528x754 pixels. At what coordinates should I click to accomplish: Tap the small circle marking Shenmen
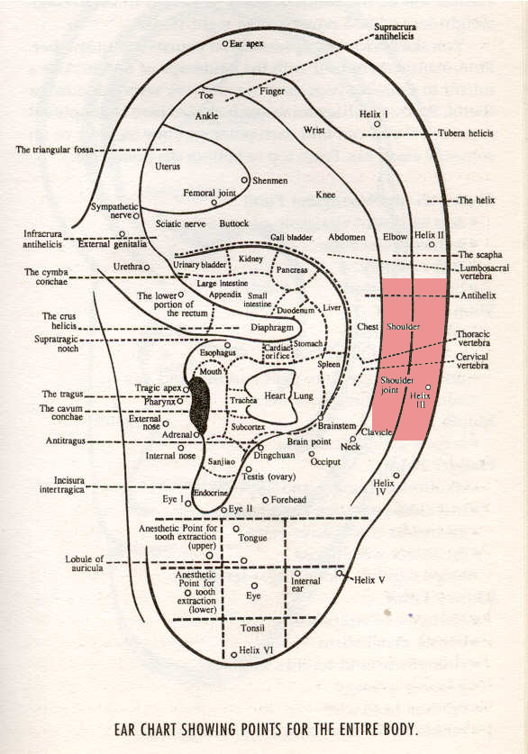244,180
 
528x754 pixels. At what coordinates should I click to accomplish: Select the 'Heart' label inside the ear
274,396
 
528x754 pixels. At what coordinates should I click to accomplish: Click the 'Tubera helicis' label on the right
465,133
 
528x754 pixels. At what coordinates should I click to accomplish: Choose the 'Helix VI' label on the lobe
256,650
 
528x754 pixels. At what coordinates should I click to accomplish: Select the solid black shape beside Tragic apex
200,404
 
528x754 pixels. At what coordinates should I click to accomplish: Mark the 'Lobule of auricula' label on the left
85,564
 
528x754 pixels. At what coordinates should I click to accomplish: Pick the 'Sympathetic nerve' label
112,212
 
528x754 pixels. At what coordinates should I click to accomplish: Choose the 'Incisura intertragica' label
54,485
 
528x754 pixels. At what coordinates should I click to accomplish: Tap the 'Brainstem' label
338,425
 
